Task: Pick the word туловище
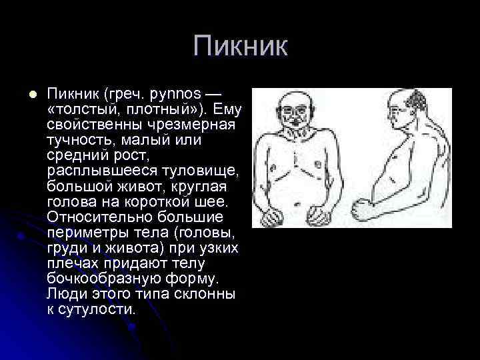(206, 171)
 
